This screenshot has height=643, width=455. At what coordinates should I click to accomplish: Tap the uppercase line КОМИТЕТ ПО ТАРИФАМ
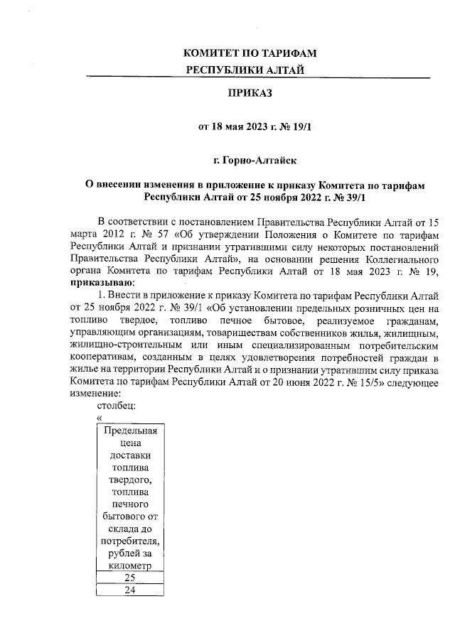pyautogui.click(x=249, y=54)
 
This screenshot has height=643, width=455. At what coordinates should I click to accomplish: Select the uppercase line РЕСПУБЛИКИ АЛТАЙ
pyautogui.click(x=249, y=70)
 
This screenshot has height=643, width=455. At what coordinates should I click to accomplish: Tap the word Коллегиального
pyautogui.click(x=402, y=259)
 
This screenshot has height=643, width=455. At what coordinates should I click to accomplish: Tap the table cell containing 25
pyautogui.click(x=129, y=578)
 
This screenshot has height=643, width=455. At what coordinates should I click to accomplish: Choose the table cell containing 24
pyautogui.click(x=129, y=590)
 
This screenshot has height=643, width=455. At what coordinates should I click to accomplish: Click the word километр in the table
pyautogui.click(x=129, y=566)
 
